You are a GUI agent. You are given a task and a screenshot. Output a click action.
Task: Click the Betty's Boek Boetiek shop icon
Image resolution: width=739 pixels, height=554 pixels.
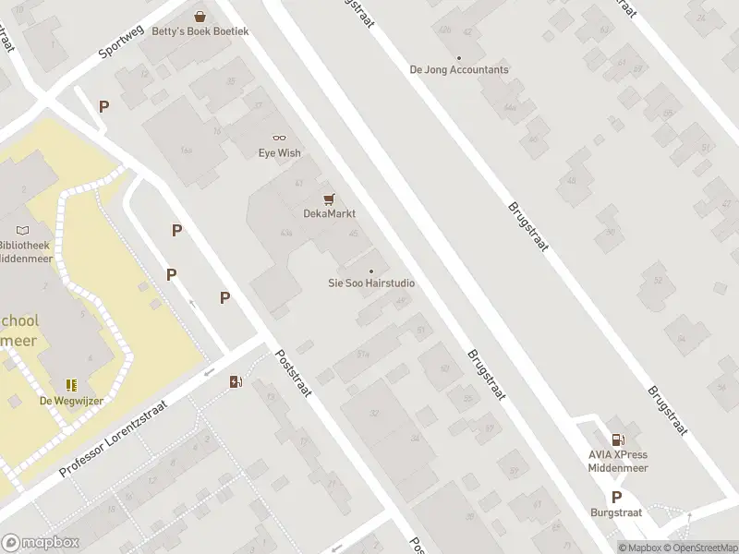(x=200, y=16)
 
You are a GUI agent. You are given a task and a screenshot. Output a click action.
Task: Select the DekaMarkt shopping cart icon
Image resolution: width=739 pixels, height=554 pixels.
(x=328, y=199)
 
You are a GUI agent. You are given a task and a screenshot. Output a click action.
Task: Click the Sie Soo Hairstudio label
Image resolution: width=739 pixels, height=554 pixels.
(x=371, y=283)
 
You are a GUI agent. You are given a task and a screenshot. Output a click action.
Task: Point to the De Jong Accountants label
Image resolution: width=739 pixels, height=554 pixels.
(x=459, y=69)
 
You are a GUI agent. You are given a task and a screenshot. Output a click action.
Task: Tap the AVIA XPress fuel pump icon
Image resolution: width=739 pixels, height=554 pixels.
(x=618, y=440)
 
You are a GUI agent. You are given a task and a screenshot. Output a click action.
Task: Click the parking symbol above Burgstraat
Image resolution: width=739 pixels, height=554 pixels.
(x=616, y=496)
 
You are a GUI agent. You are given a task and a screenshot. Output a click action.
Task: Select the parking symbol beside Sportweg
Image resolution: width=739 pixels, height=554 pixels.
(x=103, y=106)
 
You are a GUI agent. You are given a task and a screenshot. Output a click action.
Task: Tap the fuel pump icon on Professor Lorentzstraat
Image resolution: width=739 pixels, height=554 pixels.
(x=236, y=381)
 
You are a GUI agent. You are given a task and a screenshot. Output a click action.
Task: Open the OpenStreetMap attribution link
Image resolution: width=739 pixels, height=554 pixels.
(x=698, y=548)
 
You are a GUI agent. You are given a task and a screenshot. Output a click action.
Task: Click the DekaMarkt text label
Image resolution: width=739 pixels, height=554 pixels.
(x=330, y=213)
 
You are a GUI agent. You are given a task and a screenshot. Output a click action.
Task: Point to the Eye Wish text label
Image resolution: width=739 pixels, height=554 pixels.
(x=279, y=153)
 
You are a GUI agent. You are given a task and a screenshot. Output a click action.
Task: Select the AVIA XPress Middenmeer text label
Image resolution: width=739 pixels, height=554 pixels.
(x=618, y=461)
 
